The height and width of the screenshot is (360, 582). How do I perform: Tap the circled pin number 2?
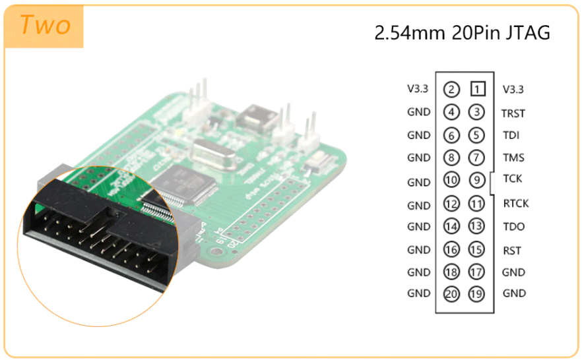pos(451,89)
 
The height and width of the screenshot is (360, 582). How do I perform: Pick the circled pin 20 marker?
pos(451,294)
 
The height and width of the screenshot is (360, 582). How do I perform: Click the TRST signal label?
pos(513,113)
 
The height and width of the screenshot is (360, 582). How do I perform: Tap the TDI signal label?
pos(510,136)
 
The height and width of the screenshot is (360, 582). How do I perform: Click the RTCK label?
pos(516,203)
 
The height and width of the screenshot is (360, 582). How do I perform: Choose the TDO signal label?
pos(513,227)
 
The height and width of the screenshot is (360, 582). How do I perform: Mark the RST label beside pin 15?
pos(512,251)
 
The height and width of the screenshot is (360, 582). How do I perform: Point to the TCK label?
pos(513,179)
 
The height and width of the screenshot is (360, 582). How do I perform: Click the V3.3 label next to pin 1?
pos(513,89)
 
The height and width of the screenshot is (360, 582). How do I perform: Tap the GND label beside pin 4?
pos(418,113)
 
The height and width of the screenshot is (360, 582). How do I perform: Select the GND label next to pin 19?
pos(514,293)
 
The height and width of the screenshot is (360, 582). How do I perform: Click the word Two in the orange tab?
pos(45,26)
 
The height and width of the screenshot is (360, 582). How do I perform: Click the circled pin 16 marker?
pos(451,250)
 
